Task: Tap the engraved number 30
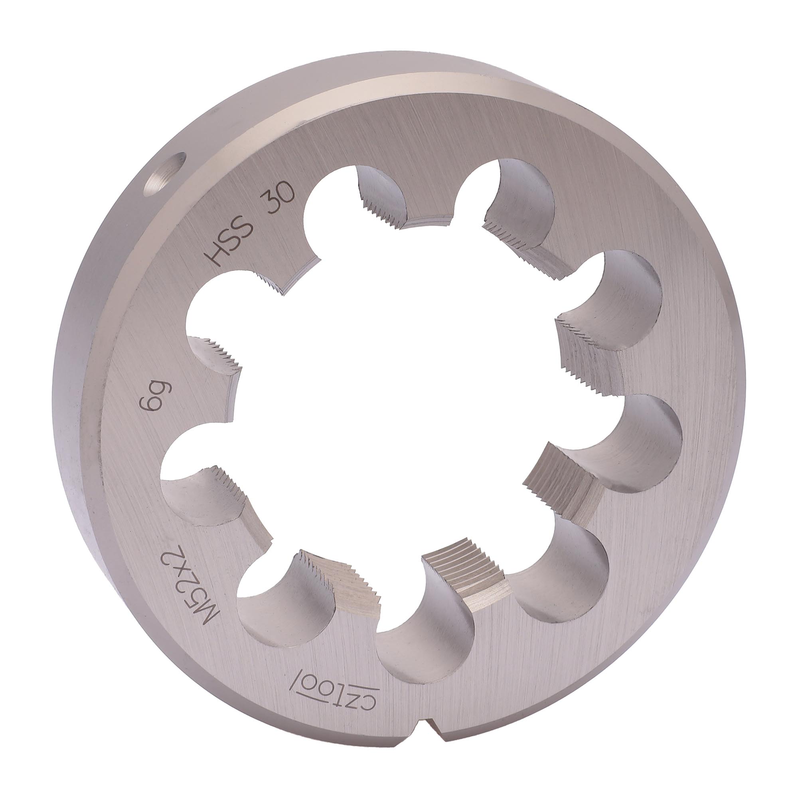click(x=280, y=197)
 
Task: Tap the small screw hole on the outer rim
click(x=164, y=175)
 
